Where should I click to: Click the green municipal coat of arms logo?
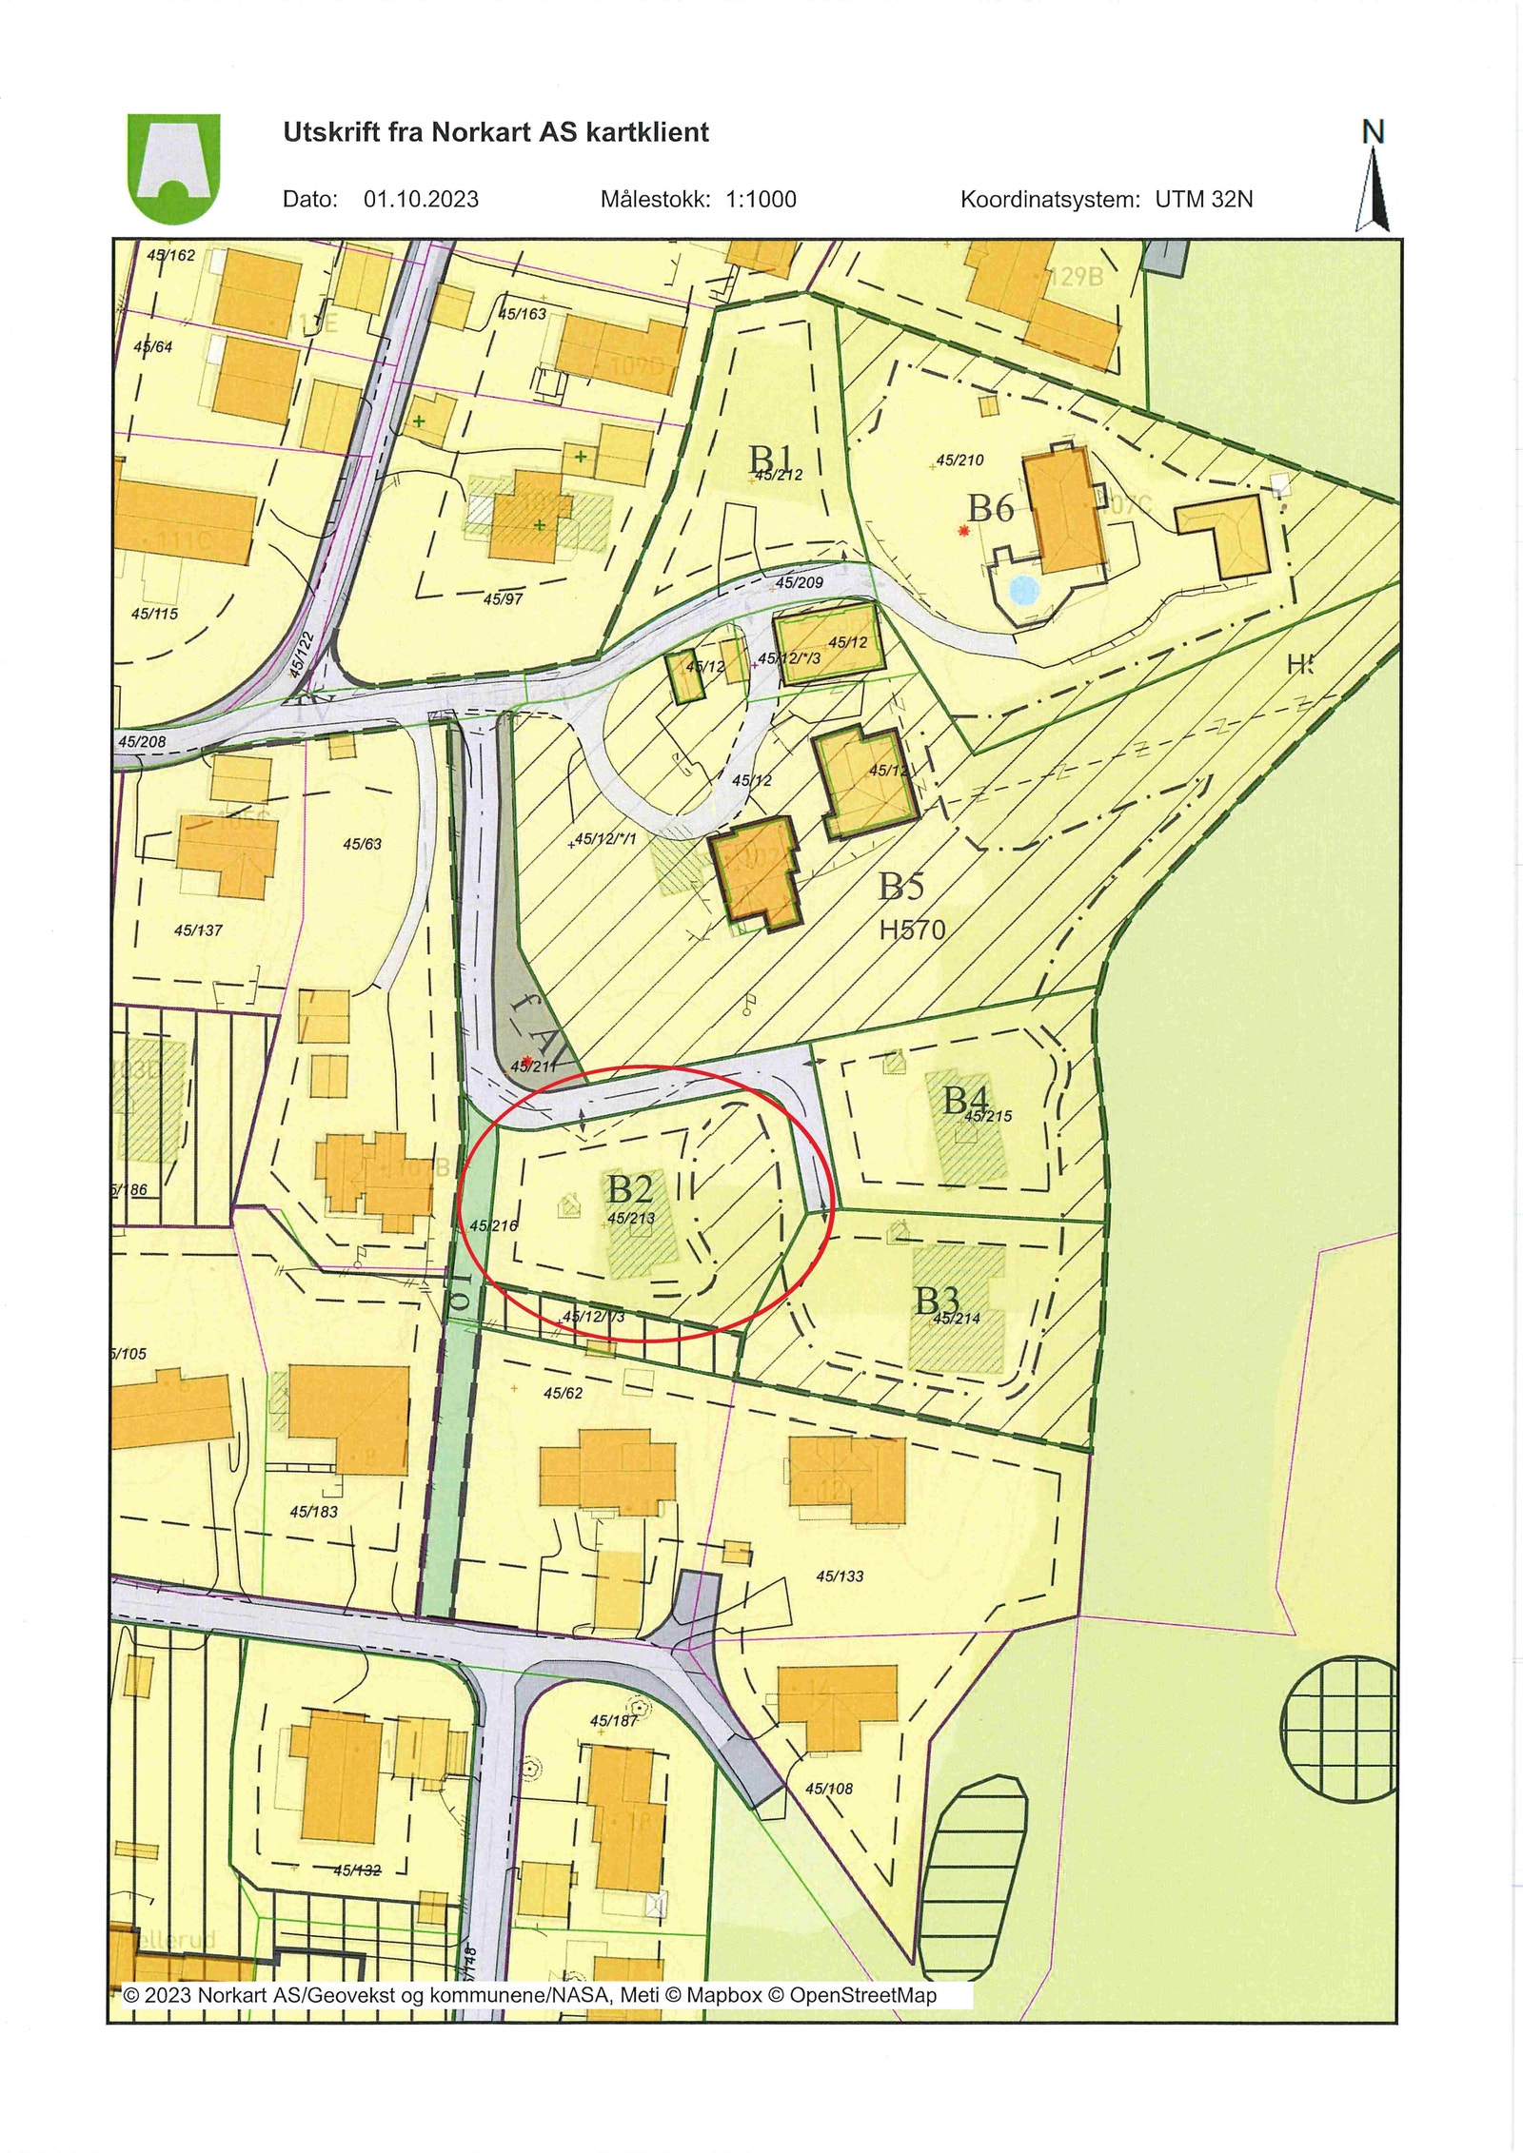click(x=173, y=167)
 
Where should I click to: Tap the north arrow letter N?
click(x=1372, y=132)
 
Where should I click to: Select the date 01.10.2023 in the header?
click(x=421, y=200)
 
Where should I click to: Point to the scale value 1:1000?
click(x=761, y=200)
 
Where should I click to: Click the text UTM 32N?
click(x=1204, y=200)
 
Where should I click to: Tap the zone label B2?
click(x=630, y=1189)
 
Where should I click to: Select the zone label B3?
click(x=937, y=1300)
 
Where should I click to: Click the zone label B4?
click(x=965, y=1100)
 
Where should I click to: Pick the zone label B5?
click(x=900, y=887)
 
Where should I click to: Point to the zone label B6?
click(x=991, y=508)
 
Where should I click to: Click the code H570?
click(x=912, y=930)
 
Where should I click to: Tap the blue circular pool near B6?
click(x=1022, y=591)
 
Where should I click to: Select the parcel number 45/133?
click(x=840, y=1576)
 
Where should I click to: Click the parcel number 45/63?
click(x=362, y=844)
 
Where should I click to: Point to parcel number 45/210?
click(x=959, y=460)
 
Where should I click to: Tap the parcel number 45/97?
click(x=504, y=599)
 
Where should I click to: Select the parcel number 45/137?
click(x=198, y=930)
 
